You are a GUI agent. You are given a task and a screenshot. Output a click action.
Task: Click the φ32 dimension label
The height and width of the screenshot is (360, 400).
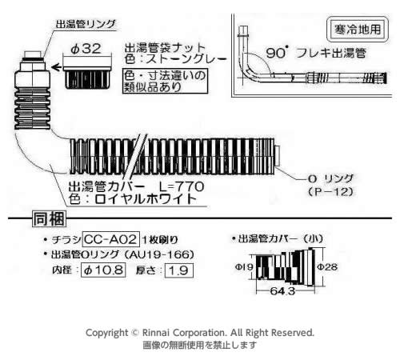(x=86, y=49)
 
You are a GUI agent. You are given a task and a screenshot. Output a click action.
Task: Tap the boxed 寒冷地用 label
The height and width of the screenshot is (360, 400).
(x=358, y=29)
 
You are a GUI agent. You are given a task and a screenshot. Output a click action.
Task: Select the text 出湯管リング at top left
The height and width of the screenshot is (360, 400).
(x=86, y=24)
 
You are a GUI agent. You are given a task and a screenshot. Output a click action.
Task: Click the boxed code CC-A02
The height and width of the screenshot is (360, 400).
(x=111, y=239)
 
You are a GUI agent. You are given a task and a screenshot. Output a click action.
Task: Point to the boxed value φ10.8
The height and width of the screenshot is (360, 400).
(x=103, y=270)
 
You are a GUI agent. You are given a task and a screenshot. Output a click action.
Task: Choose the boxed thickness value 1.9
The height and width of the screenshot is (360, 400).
(x=179, y=270)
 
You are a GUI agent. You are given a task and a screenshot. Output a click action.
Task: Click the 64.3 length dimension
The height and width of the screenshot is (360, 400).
(x=282, y=291)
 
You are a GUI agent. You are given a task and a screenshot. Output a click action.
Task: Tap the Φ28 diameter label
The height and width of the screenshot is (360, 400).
(x=327, y=266)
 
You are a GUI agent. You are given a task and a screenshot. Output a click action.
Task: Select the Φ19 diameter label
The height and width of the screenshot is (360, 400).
(x=244, y=266)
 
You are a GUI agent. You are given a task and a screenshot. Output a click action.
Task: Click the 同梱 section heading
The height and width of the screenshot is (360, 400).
(x=49, y=219)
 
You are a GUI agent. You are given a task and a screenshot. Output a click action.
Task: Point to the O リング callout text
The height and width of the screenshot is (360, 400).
(x=330, y=178)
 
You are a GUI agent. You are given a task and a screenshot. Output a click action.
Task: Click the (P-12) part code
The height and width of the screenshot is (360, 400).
(x=330, y=191)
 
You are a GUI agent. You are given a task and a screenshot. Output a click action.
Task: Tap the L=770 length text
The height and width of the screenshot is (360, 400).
(x=182, y=186)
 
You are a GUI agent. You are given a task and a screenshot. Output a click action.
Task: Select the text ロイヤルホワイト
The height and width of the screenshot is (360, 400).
(x=146, y=199)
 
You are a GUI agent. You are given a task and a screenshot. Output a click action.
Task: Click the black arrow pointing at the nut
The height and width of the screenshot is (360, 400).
(x=56, y=67)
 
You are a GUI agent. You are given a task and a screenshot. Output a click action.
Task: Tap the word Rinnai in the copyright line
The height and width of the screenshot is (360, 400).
(x=156, y=333)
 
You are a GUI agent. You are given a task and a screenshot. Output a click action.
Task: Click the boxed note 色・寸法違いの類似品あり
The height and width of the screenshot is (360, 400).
(x=165, y=81)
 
